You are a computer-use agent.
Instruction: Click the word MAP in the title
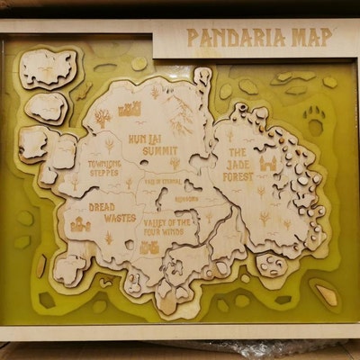click(x=310, y=37)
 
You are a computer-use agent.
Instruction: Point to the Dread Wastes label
click(x=112, y=211)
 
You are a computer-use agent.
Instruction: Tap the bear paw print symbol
click(x=314, y=115)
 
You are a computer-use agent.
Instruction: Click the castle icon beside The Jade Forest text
click(x=267, y=165)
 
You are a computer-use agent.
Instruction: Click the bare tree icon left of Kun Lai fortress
click(x=103, y=116)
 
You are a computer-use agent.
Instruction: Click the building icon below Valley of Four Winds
click(x=149, y=246)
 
